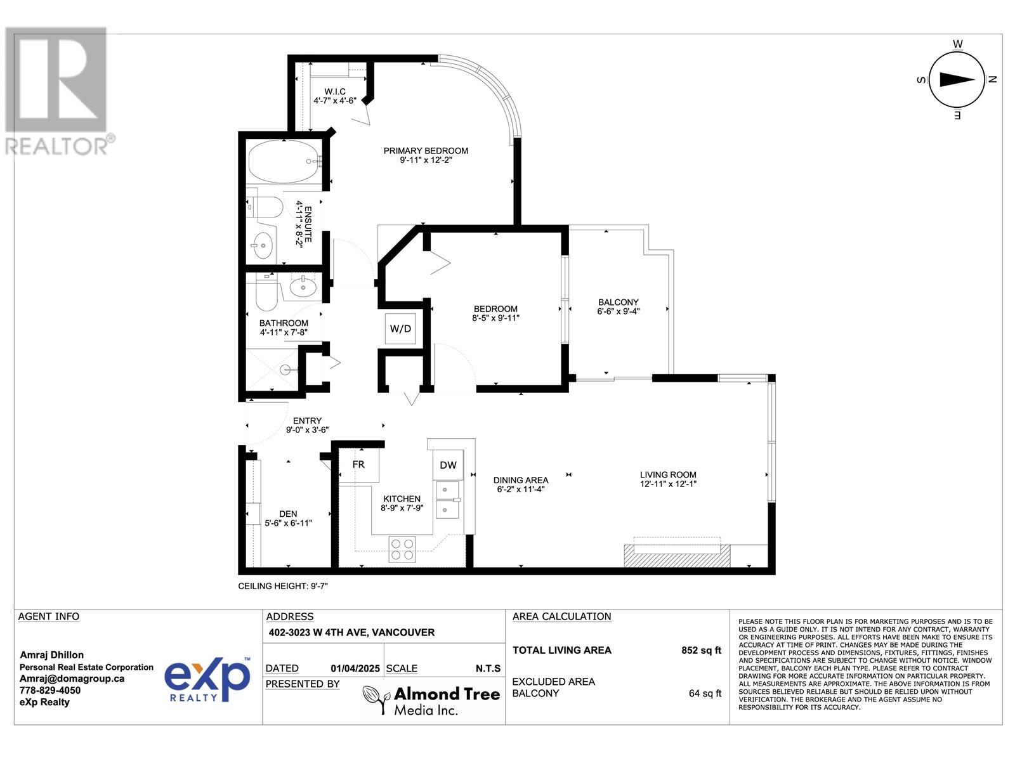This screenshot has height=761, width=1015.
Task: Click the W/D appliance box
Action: tap(400, 329)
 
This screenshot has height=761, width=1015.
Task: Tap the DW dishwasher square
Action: tap(448, 465)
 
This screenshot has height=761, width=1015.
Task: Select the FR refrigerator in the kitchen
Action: tap(359, 465)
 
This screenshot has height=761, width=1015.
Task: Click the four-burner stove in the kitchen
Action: tap(402, 549)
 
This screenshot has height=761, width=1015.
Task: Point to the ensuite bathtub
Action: tap(284, 162)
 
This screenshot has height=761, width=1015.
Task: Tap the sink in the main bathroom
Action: tap(303, 287)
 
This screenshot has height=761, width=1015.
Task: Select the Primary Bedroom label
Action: tap(426, 151)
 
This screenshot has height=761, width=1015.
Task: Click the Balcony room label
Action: tap(619, 302)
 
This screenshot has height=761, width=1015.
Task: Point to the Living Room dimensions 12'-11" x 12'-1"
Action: tap(668, 484)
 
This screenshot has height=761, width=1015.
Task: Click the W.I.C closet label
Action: tap(335, 91)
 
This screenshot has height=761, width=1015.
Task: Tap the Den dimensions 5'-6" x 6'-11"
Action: tap(288, 523)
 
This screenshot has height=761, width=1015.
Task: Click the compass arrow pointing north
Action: tap(957, 80)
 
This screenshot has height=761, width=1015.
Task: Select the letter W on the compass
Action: tap(958, 44)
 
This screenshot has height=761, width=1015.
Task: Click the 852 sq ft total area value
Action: tap(701, 650)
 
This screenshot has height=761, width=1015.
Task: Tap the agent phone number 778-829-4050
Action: tap(50, 691)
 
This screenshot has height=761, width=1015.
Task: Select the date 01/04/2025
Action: tap(355, 668)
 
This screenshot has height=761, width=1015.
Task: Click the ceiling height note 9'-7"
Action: tap(283, 586)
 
